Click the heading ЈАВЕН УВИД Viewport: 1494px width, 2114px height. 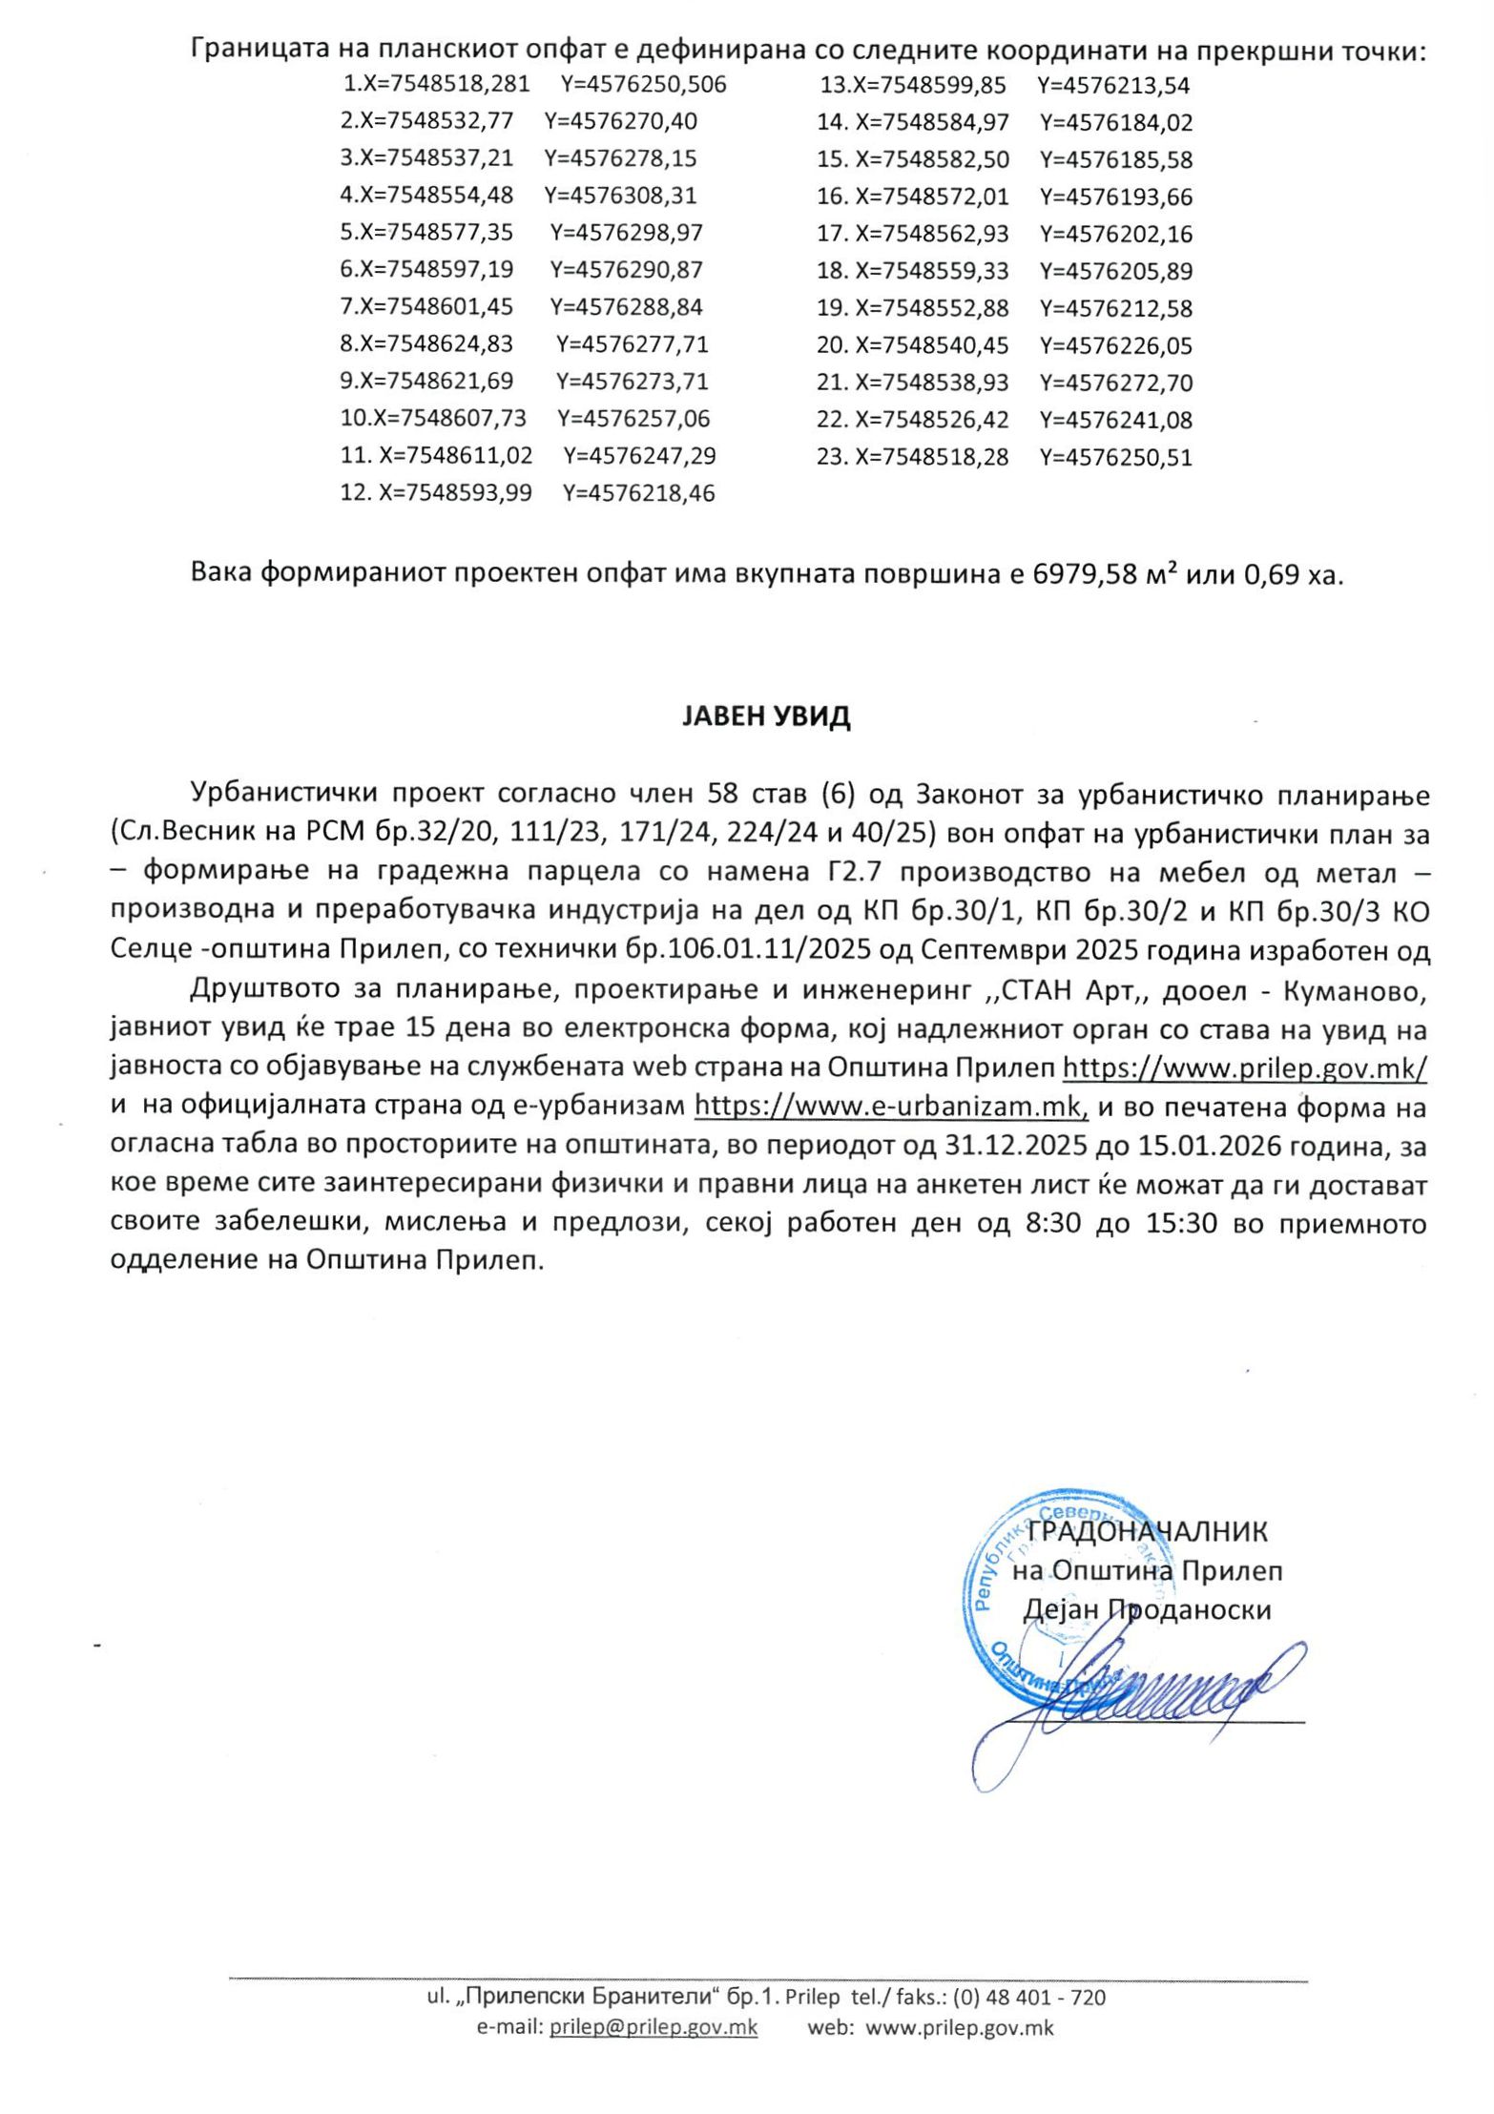pyautogui.click(x=765, y=717)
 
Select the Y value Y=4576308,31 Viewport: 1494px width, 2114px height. pyautogui.click(x=620, y=196)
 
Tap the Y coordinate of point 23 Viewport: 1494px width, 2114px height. pyautogui.click(x=1115, y=457)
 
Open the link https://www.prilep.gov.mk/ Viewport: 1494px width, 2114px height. pyautogui.click(x=1244, y=1067)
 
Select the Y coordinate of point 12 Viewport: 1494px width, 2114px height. pyautogui.click(x=638, y=494)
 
